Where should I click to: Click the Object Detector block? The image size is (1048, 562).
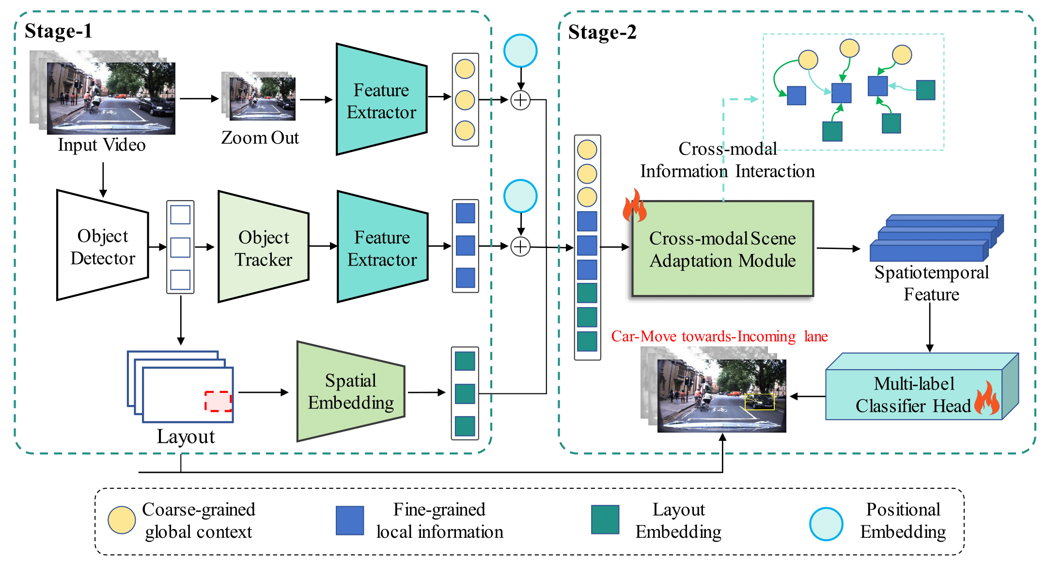[x=103, y=246]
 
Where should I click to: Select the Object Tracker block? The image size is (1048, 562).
[x=264, y=247]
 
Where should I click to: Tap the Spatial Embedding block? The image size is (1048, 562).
[x=351, y=391]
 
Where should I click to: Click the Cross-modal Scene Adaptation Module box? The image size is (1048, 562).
[x=722, y=249]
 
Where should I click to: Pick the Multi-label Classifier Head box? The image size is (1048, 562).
[x=914, y=394]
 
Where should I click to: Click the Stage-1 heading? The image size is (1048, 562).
[x=58, y=31]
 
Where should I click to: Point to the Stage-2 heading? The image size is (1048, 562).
[x=602, y=32]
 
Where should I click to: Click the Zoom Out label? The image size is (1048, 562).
[x=260, y=138]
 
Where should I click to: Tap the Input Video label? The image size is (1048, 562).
[x=102, y=145]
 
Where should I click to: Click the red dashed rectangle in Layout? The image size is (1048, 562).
[x=218, y=401]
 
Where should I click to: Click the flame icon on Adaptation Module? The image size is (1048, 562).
[x=635, y=205]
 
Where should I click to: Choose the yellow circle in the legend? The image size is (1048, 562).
[x=122, y=520]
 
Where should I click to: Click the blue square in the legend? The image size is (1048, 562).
[x=350, y=520]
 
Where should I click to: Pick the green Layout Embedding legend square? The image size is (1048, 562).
[x=605, y=519]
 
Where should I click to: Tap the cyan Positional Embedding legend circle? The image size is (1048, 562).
[x=826, y=524]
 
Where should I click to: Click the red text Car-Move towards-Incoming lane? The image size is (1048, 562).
[x=719, y=336]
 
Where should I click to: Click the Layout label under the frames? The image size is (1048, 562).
[x=186, y=437]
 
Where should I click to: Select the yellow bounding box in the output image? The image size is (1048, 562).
[x=759, y=402]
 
